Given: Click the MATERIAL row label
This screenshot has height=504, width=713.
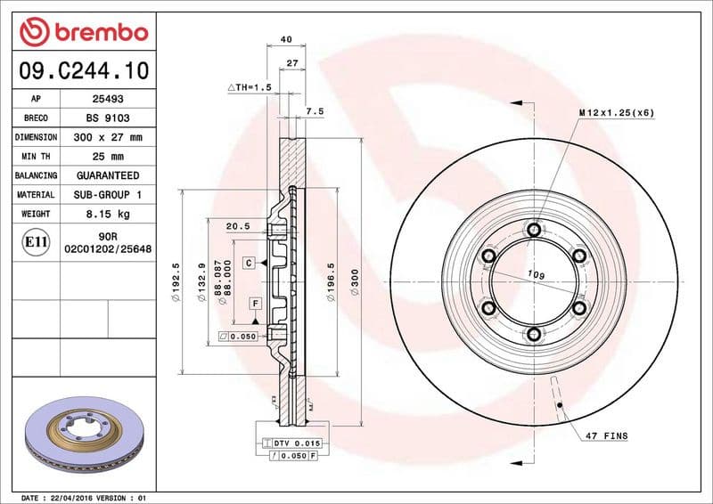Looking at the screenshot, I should pyautogui.click(x=36, y=194).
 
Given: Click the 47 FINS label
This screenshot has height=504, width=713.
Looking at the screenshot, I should pyautogui.click(x=607, y=436).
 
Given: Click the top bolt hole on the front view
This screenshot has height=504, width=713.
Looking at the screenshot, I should pyautogui.click(x=533, y=231).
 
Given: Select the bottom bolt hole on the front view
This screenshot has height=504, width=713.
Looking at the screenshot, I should pyautogui.click(x=533, y=334).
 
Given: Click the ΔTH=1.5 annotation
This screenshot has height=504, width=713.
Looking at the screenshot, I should pyautogui.click(x=249, y=88).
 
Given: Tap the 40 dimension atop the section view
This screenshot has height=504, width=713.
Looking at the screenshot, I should pyautogui.click(x=285, y=39).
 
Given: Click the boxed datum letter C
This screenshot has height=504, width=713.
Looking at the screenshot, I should pyautogui.click(x=250, y=263).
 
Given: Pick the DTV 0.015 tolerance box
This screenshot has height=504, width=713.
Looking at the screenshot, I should pyautogui.click(x=294, y=443).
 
